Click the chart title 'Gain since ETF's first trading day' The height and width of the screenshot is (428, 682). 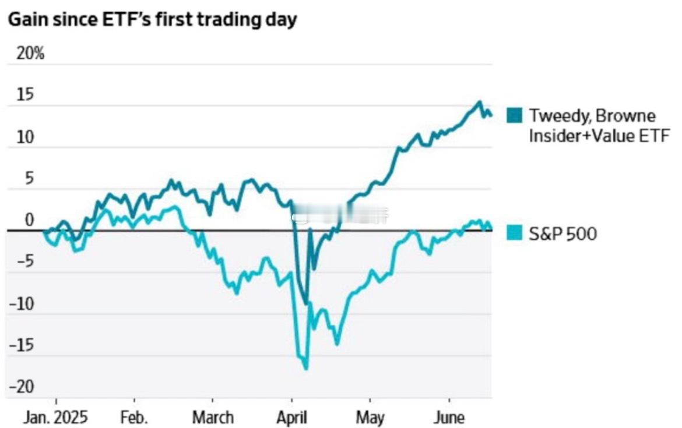(152, 19)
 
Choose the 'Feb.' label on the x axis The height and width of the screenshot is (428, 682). (134, 418)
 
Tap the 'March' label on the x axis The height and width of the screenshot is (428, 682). (213, 418)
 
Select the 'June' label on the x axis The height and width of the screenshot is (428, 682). (449, 418)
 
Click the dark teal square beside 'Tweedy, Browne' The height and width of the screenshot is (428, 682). (515, 115)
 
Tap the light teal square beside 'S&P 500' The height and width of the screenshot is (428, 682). (515, 234)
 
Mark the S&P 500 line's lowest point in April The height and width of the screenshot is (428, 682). (306, 368)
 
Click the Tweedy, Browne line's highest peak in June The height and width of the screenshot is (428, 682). (480, 102)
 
